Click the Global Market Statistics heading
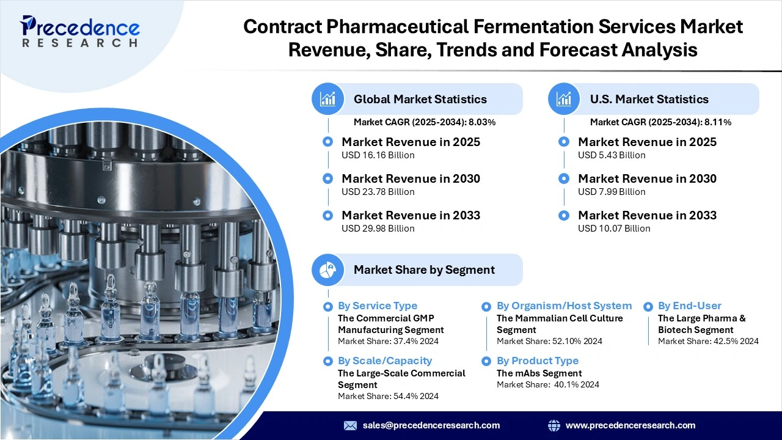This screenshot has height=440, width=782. click(x=420, y=99)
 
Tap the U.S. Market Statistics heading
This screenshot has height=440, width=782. click(x=649, y=99)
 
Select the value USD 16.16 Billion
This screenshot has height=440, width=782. click(x=378, y=155)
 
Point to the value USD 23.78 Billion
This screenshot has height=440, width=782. click(x=378, y=192)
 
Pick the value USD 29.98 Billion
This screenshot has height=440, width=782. click(x=378, y=229)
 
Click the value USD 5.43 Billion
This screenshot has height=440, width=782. click(x=612, y=155)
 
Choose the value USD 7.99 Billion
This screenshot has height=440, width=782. click(x=612, y=192)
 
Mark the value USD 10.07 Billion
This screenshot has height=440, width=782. click(x=614, y=229)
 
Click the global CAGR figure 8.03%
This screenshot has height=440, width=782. click(x=482, y=122)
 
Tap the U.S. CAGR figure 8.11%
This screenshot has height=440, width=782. click(x=718, y=122)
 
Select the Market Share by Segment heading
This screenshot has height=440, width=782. click(x=424, y=269)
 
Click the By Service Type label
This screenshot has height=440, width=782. click(x=378, y=306)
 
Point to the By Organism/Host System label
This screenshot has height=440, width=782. click(x=564, y=306)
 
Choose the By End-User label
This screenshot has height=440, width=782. click(x=689, y=306)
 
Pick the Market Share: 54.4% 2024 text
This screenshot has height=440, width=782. click(x=388, y=396)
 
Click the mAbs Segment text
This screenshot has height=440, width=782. click(x=539, y=373)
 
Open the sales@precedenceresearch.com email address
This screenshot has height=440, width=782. click(x=431, y=425)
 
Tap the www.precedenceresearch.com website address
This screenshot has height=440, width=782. click(x=630, y=425)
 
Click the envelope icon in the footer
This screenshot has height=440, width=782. click(x=350, y=425)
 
